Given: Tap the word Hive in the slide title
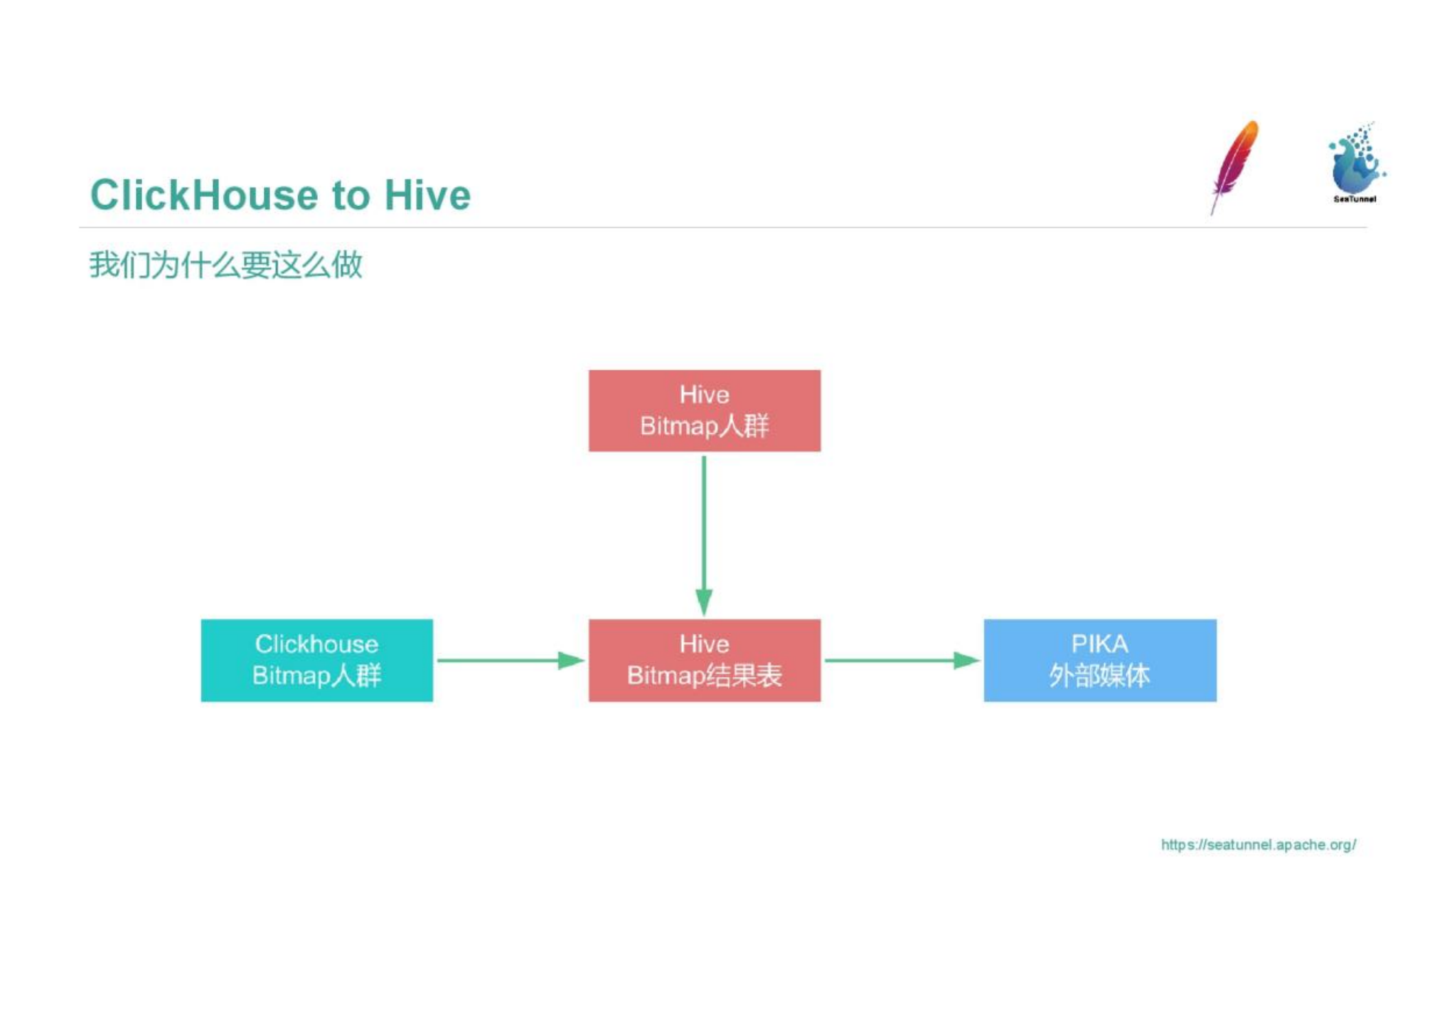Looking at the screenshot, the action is [427, 195].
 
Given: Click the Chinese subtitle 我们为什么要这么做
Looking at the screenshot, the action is [226, 265].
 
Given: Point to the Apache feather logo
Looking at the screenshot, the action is [1234, 167].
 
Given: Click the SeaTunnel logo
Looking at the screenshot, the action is [1356, 163].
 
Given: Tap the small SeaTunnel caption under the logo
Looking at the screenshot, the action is [1355, 199].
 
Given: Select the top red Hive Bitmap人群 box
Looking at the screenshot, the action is [704, 410].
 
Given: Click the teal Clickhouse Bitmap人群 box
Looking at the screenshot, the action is [316, 660].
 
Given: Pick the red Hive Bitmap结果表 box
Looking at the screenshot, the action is [704, 660].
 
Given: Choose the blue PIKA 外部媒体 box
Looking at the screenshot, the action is [1099, 660].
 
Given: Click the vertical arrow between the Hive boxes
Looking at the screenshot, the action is [704, 535].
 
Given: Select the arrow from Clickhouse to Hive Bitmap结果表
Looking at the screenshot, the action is [511, 661].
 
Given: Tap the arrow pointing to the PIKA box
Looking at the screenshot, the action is [902, 661].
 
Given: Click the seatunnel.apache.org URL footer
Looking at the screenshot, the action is [1258, 845].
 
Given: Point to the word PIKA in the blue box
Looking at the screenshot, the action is [1099, 644].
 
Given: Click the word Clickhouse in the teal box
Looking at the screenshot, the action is [316, 644].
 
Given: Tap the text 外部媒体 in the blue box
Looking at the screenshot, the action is [1099, 676].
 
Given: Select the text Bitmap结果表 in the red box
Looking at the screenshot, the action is [704, 676].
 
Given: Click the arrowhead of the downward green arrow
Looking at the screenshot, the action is [704, 602].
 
